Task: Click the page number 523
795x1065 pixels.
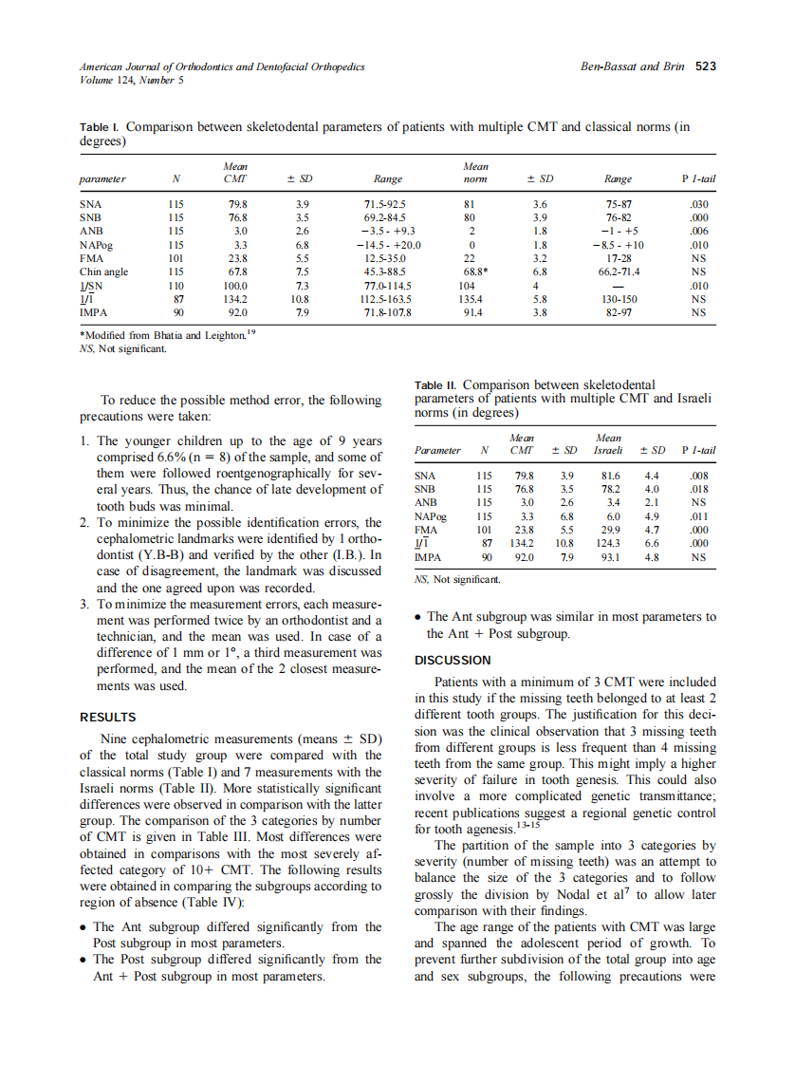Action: point(705,66)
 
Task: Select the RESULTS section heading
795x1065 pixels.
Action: point(107,717)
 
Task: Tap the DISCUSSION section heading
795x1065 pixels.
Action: point(453,660)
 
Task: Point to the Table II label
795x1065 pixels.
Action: point(435,384)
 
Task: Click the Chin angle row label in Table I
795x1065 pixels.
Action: point(103,271)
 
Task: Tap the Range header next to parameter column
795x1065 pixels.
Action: point(388,178)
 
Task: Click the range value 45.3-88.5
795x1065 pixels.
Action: point(388,271)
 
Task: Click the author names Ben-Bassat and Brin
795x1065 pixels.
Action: point(634,66)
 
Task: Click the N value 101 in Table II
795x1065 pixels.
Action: point(485,530)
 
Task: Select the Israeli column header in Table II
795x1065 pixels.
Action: point(608,450)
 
